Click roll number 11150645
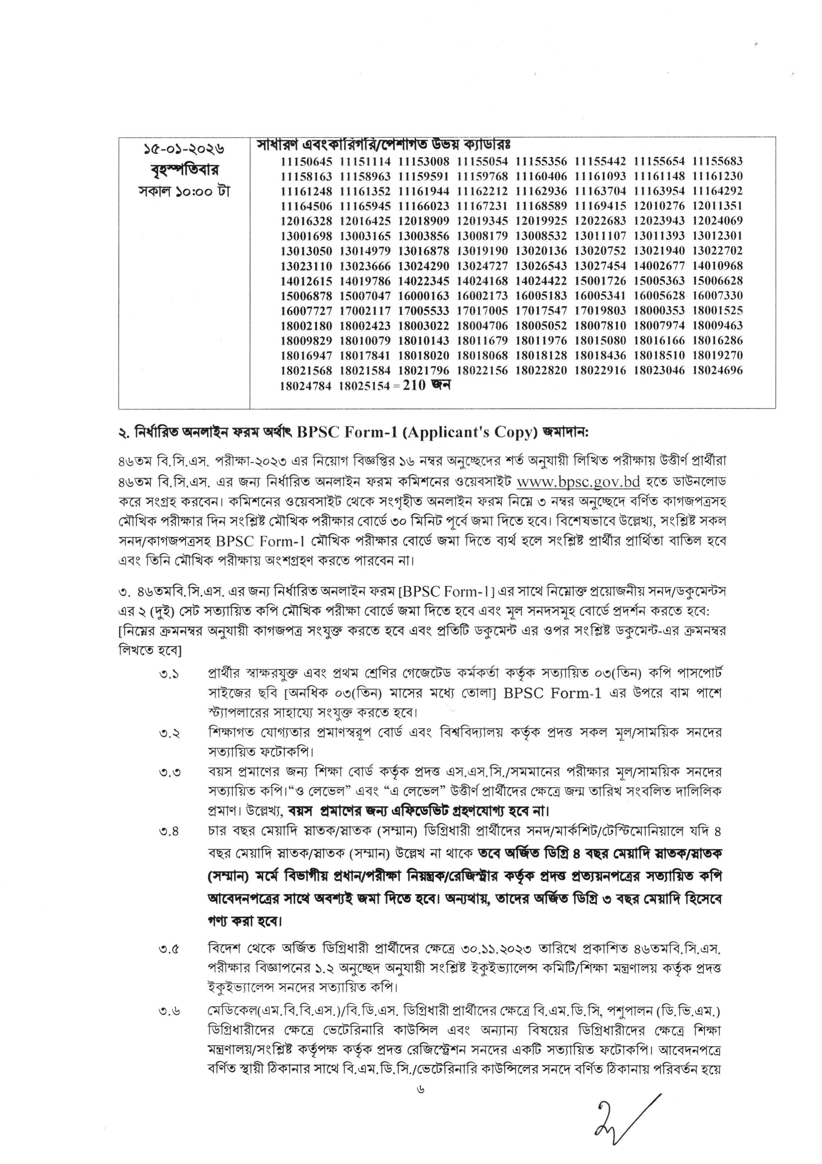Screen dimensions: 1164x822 [x=306, y=162]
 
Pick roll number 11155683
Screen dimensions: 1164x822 [x=717, y=162]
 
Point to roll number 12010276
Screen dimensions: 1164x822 [x=659, y=206]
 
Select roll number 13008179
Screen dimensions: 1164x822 [x=482, y=236]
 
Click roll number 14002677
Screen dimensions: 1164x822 [x=659, y=266]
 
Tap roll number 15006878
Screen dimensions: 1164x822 [x=306, y=296]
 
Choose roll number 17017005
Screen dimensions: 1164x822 [x=482, y=311]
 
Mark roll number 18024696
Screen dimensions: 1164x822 [x=717, y=371]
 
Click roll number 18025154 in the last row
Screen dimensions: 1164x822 [x=364, y=386]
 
